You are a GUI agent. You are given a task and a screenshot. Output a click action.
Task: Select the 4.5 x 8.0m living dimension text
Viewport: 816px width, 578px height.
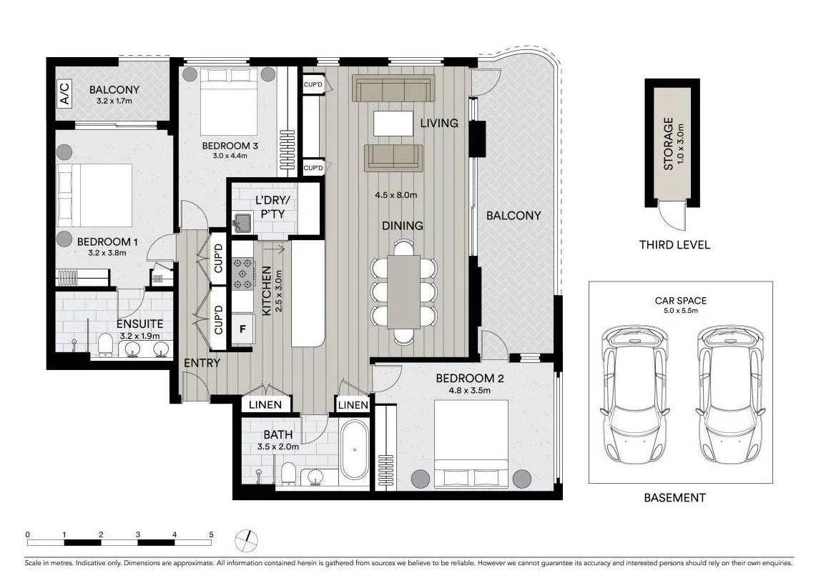pyautogui.click(x=395, y=195)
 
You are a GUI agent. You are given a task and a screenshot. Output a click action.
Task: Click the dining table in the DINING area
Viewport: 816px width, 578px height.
pyautogui.click(x=404, y=292)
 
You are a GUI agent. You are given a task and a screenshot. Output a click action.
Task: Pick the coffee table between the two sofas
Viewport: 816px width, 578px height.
pyautogui.click(x=393, y=123)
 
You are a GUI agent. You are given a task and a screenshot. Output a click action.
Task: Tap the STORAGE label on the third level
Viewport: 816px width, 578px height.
pyautogui.click(x=669, y=143)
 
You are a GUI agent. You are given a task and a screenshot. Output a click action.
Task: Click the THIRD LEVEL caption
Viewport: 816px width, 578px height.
pyautogui.click(x=674, y=245)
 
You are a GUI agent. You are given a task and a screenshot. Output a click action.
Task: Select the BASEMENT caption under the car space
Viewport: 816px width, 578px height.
pyautogui.click(x=674, y=498)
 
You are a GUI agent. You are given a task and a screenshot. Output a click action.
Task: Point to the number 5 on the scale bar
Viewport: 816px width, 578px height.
pyautogui.click(x=211, y=534)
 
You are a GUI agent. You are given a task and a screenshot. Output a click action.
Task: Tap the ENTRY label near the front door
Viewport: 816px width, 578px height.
pyautogui.click(x=202, y=363)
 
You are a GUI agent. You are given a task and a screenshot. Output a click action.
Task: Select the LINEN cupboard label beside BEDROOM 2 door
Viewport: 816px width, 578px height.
pyautogui.click(x=353, y=405)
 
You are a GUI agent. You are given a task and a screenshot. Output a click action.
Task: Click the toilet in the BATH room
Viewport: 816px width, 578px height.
pyautogui.click(x=289, y=472)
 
